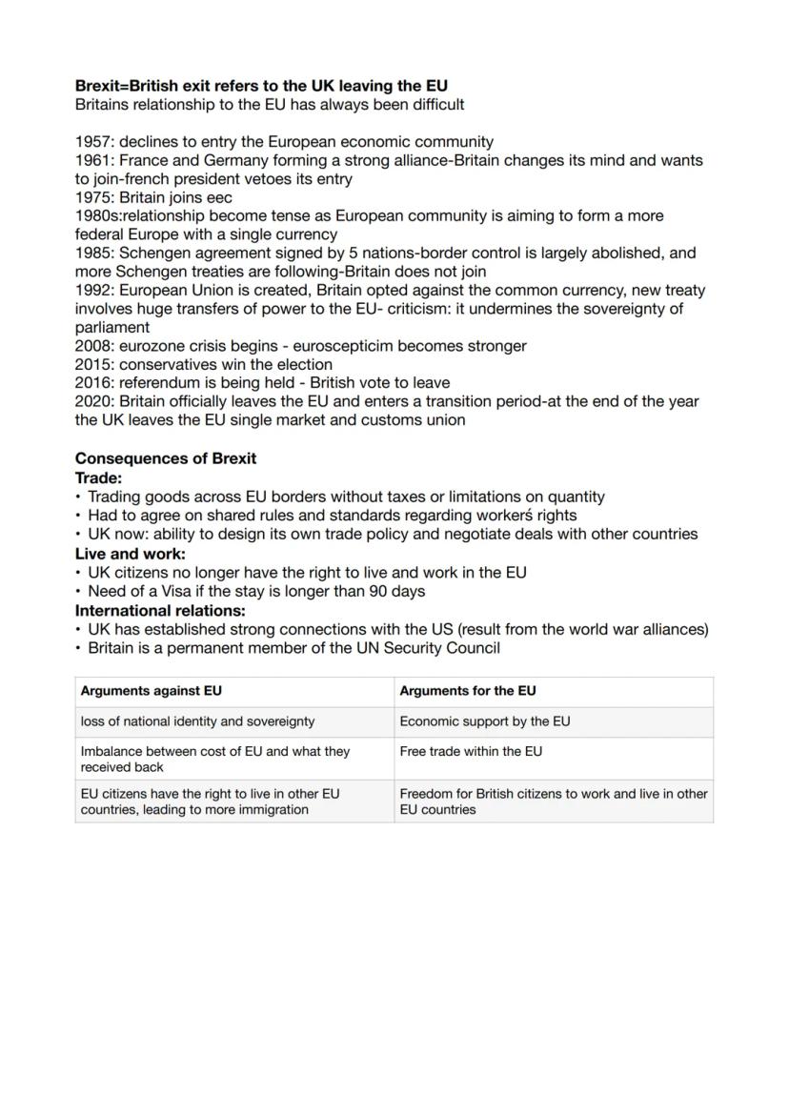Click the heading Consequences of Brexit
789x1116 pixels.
(x=166, y=458)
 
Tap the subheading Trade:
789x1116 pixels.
(x=98, y=477)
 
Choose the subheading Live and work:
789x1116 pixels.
(x=131, y=554)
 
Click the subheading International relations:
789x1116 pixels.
(x=160, y=610)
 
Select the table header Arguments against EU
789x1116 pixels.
(x=151, y=691)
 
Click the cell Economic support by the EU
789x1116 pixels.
(x=485, y=721)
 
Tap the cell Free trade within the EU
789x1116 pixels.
(x=471, y=751)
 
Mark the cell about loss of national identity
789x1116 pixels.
(x=197, y=721)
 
